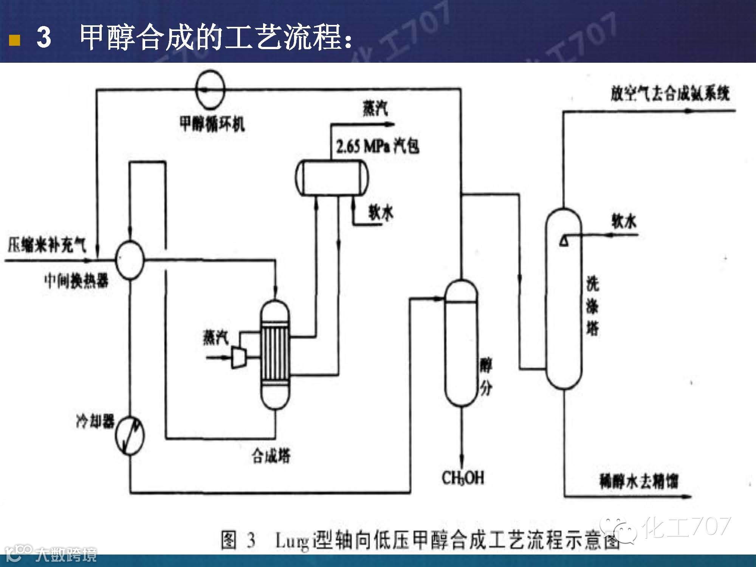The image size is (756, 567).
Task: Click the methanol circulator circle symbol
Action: pos(210,89)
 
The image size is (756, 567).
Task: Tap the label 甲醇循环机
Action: pos(212,123)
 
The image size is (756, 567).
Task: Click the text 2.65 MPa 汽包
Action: pos(378,146)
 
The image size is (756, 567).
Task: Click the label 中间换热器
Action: pos(76,281)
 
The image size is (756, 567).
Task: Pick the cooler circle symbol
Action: pos(130,436)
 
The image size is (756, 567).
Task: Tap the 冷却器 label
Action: pos(95,421)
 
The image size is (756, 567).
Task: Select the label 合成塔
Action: pos(271,456)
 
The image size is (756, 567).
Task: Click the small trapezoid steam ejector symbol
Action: pos(239,357)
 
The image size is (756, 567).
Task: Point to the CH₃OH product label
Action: pos(463,478)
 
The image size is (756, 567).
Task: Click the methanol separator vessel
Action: pos(461,342)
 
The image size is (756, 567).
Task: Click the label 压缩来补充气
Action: pos(46,246)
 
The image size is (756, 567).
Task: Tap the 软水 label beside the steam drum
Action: pos(381,212)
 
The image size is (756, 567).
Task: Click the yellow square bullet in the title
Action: pos(14,40)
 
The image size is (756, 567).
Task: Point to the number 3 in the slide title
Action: pos(44,38)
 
